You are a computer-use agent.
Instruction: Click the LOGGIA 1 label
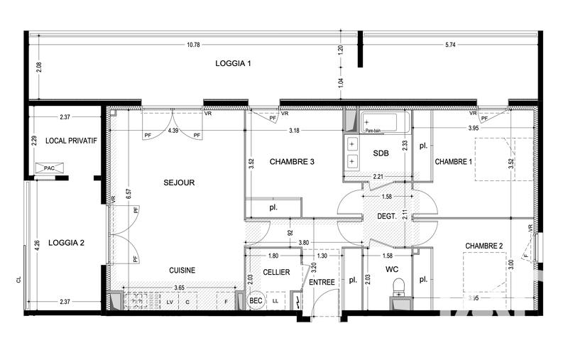click(234, 64)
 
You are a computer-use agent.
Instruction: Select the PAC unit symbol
click(49, 168)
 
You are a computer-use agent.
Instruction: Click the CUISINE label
click(182, 270)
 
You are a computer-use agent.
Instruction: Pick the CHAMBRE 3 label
click(292, 162)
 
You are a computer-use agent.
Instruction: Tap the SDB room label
click(381, 153)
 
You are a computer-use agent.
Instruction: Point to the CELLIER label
click(276, 272)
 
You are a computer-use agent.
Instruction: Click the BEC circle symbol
click(256, 301)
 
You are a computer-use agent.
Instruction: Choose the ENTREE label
click(322, 283)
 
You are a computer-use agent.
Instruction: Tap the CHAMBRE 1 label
click(453, 162)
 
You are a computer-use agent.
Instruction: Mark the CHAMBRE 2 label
click(484, 246)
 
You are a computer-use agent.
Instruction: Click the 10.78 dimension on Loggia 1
click(193, 45)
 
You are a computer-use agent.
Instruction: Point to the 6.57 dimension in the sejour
click(128, 192)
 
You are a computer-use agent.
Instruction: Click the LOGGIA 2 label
click(66, 243)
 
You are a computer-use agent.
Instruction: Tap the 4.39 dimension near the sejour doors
click(173, 131)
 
